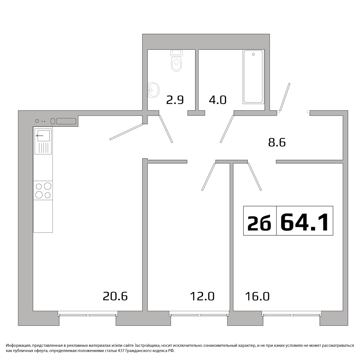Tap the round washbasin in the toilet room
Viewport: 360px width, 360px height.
[x=153, y=90]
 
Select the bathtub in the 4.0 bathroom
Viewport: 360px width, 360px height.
[x=253, y=76]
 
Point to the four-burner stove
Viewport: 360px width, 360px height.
[x=43, y=190]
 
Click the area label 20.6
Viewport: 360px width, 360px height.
[x=115, y=296]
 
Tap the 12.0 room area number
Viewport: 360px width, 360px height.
[x=202, y=296]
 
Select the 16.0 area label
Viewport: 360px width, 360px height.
[x=257, y=296]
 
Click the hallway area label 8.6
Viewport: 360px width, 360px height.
[x=277, y=142]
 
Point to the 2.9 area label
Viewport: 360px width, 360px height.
[x=175, y=100]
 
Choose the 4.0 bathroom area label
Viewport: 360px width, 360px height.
[x=218, y=100]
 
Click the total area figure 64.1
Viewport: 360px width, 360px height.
[x=305, y=222]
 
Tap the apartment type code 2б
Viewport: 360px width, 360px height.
[x=259, y=223]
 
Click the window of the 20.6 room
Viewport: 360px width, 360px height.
[x=88, y=314]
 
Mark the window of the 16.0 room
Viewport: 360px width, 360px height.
[x=292, y=314]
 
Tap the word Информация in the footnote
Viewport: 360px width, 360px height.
[x=18, y=345]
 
